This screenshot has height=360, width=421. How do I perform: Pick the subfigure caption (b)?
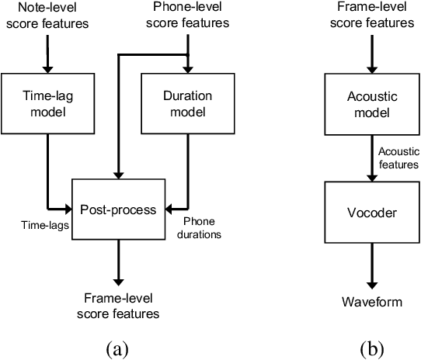click(x=375, y=349)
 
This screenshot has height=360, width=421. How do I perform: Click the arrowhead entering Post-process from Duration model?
click(x=169, y=208)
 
